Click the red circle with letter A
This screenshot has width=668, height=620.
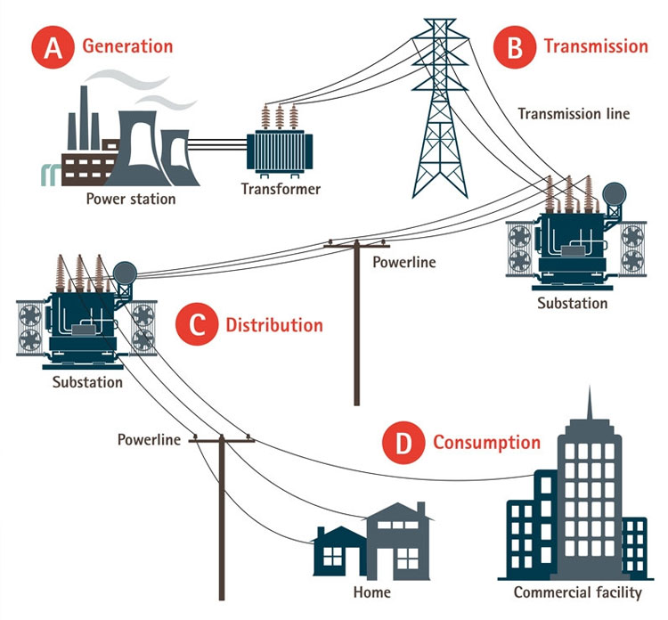coord(53,47)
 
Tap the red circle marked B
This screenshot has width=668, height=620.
coord(515,47)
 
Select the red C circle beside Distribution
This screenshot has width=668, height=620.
coord(197,325)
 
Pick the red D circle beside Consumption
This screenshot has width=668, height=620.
coord(403,443)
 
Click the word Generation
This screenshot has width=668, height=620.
coord(127,46)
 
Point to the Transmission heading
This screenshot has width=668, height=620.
coord(596,46)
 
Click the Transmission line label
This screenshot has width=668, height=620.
coord(574,114)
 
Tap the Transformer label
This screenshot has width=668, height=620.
coord(281,189)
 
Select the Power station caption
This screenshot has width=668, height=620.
coord(131,199)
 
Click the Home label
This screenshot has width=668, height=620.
coord(372,592)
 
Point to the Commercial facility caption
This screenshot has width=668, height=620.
coord(578,592)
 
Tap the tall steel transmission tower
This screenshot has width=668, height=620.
coord(440,109)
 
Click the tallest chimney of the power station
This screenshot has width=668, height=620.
coord(84,118)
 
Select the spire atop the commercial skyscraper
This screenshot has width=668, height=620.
coord(590,403)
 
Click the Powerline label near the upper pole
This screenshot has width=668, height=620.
coord(403,262)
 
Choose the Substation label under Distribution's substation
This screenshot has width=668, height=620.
coord(87,382)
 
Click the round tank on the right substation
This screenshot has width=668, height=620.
coord(614,194)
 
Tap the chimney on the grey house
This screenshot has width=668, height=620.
coord(421,509)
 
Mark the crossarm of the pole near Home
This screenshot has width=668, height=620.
coord(222,440)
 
